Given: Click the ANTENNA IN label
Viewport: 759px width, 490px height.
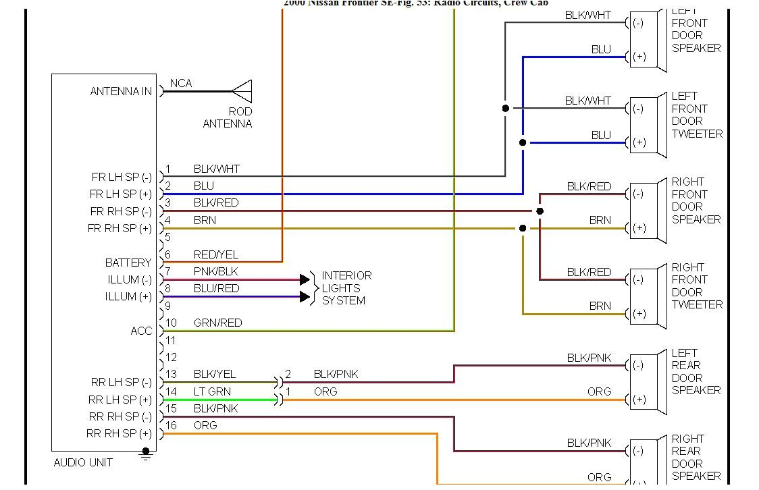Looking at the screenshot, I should [x=121, y=91].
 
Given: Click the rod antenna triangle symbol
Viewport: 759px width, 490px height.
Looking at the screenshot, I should [x=242, y=91].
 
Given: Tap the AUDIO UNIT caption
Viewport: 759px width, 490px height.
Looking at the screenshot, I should [x=83, y=462].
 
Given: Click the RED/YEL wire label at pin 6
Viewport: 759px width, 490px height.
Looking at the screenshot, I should [x=215, y=254].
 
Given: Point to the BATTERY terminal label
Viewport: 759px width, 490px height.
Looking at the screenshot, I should [x=128, y=263].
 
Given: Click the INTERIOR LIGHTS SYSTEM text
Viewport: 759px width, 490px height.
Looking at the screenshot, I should [x=346, y=288].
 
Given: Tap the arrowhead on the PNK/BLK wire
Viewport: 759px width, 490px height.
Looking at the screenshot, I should [x=305, y=279].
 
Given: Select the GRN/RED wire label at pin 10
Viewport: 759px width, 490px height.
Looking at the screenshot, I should [x=217, y=323].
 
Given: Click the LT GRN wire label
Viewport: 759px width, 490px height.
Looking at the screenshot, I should [x=212, y=391].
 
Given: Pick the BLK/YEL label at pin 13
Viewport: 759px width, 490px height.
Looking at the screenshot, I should [x=215, y=374].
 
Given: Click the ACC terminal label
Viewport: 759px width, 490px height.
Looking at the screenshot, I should [x=141, y=331].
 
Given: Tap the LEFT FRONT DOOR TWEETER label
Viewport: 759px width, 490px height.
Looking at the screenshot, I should [x=696, y=115].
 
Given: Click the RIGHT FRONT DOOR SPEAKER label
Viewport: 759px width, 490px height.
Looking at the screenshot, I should [x=696, y=200].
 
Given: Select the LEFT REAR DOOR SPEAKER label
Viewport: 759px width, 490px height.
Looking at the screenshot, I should [x=696, y=372].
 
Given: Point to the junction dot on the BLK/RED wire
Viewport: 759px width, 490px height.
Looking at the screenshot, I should [x=540, y=211].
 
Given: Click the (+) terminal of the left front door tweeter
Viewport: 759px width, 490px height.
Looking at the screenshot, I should [x=639, y=142].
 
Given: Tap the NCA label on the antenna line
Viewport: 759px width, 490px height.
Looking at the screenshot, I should [x=181, y=83].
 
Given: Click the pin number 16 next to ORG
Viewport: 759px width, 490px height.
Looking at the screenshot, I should [x=172, y=425].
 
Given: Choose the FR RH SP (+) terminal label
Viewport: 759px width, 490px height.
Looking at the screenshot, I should [x=120, y=229].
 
